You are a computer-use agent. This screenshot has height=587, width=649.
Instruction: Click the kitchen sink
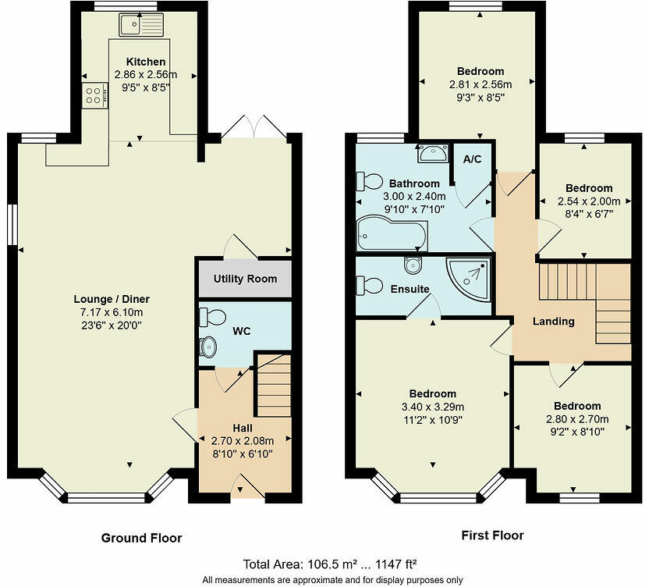(140, 24)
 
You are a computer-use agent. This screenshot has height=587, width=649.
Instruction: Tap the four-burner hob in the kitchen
(93, 94)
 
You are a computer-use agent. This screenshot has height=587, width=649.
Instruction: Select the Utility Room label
(245, 279)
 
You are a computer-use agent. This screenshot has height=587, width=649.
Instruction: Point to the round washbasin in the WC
(209, 347)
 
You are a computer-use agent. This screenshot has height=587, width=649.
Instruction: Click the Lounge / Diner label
(112, 299)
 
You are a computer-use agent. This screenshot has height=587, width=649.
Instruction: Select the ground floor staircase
(273, 386)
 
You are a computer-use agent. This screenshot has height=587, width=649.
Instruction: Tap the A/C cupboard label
(472, 159)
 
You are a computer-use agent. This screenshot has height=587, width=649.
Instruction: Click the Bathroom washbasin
(431, 153)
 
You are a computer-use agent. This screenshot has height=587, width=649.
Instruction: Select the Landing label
(553, 321)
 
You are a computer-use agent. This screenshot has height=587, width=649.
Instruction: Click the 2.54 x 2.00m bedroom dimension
(589, 201)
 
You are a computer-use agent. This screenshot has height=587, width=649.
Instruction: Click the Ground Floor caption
(141, 538)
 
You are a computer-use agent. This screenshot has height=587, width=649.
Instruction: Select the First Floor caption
(492, 535)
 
